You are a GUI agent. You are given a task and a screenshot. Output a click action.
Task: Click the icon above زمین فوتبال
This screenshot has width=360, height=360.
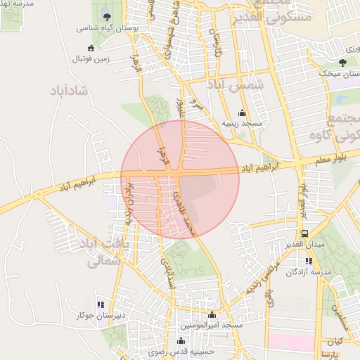coord(91,49)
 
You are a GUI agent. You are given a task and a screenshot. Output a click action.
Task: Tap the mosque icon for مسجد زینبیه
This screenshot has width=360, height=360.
coord(242,112)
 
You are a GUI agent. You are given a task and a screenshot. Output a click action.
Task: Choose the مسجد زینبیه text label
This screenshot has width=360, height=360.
coord(242,124)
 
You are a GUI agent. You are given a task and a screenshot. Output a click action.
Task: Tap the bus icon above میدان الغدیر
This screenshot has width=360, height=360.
coord(304,233)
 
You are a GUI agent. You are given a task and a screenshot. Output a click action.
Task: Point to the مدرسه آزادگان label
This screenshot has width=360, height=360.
coord(306,273)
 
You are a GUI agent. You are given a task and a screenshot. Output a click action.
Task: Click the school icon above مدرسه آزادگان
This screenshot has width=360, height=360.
coord(309,261)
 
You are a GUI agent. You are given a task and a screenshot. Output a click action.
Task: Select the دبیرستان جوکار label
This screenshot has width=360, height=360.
coord(100,316)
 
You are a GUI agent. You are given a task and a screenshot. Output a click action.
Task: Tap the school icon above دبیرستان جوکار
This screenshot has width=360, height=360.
coord(101,304)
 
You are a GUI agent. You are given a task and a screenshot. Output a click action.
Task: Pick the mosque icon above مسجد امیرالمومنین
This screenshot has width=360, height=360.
coord(212,314)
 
